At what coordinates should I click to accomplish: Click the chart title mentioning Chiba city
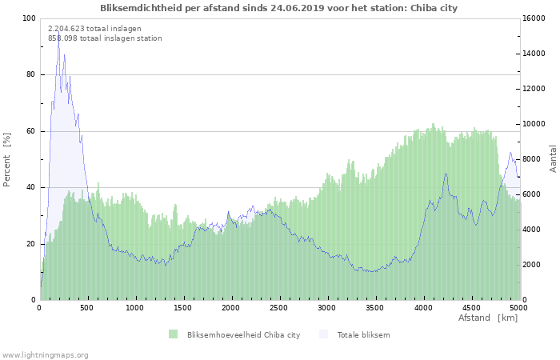pyautogui.click(x=279, y=8)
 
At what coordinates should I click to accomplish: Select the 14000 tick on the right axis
pyautogui.click(x=536, y=54)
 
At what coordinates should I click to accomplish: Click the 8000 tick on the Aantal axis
pyautogui.click(x=534, y=159)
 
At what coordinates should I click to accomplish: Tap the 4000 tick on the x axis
pyautogui.click(x=423, y=307)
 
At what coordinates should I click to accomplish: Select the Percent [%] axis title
pyautogui.click(x=7, y=159)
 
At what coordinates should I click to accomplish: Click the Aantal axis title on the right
pyautogui.click(x=553, y=159)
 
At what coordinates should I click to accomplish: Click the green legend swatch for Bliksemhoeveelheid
pyautogui.click(x=173, y=334)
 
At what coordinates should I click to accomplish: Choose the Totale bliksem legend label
pyautogui.click(x=363, y=334)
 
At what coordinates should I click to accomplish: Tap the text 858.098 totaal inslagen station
pyautogui.click(x=105, y=38)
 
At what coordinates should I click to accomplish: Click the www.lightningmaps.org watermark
pyautogui.click(x=46, y=354)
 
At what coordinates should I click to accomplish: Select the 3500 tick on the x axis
pyautogui.click(x=375, y=307)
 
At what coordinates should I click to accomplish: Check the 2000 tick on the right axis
pyautogui.click(x=534, y=265)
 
